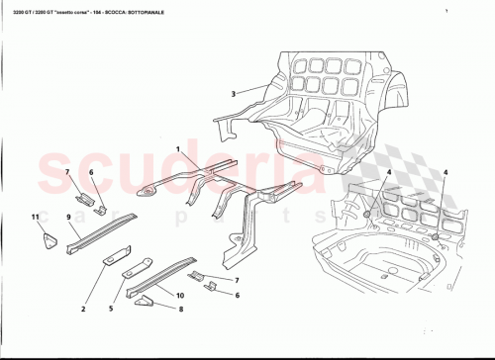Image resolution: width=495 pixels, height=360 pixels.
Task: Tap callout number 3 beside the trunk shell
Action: point(234,94)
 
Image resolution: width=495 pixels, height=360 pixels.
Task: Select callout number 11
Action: point(35,217)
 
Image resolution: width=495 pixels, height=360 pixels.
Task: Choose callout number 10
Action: point(180,295)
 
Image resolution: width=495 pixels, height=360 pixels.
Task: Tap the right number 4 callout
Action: point(445,173)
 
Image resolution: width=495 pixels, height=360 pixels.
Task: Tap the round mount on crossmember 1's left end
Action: point(146,190)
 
